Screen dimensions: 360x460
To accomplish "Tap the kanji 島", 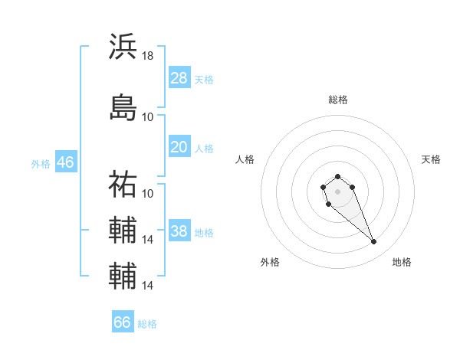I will point(123,106).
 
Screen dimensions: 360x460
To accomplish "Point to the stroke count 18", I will point(148,56).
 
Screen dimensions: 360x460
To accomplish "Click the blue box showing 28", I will point(179,78).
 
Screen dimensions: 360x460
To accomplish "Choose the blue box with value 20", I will point(179,148).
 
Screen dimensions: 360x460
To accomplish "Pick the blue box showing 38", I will point(179,232).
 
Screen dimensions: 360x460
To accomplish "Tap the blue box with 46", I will point(65,162).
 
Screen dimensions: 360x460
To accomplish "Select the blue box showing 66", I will point(123,322).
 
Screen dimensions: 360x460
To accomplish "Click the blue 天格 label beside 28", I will point(204,79).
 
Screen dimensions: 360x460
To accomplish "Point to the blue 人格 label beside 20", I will point(204,149).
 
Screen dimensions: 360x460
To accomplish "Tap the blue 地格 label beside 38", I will point(204,233).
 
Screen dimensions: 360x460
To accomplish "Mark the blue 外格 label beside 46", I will point(41,163).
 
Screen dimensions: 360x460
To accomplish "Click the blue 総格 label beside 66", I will point(147,323).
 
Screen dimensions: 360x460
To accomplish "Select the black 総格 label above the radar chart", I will point(338,100).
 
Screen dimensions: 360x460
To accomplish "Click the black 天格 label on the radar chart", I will point(431,159).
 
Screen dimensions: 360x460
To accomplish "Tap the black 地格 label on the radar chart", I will point(402,262).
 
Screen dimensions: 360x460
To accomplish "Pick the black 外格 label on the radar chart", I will point(270,262).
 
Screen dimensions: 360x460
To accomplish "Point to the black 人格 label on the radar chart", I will point(245,159).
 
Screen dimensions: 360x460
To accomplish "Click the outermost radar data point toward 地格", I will point(373,242).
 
